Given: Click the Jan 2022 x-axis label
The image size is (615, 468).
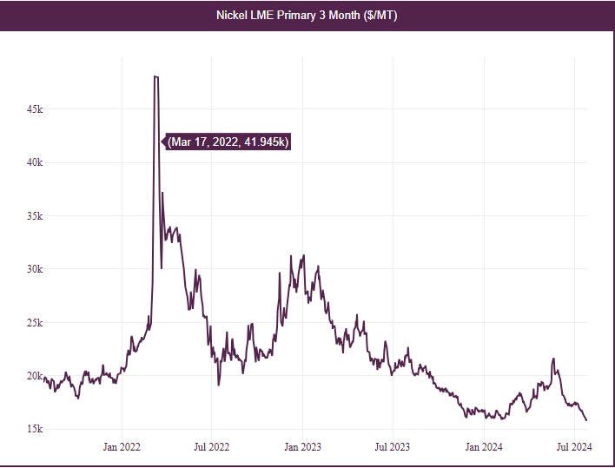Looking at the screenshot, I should [x=122, y=447].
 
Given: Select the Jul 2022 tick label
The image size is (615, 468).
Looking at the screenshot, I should [x=211, y=447].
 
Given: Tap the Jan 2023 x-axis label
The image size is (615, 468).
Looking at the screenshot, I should [x=302, y=447].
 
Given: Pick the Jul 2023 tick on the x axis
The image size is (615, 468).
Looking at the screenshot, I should [x=392, y=447].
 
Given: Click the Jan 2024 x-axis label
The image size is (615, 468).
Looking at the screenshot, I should [x=483, y=447].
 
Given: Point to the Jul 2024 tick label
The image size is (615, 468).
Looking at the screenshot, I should [x=573, y=447].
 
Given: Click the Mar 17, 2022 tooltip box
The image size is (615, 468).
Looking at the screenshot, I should [x=228, y=142].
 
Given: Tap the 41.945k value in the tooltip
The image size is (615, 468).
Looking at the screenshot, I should [x=267, y=142].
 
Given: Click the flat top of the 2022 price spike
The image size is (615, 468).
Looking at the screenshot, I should [x=155, y=76].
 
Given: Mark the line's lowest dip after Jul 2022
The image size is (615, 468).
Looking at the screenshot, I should [x=219, y=385].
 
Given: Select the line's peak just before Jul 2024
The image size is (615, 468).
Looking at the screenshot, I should [x=553, y=359].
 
